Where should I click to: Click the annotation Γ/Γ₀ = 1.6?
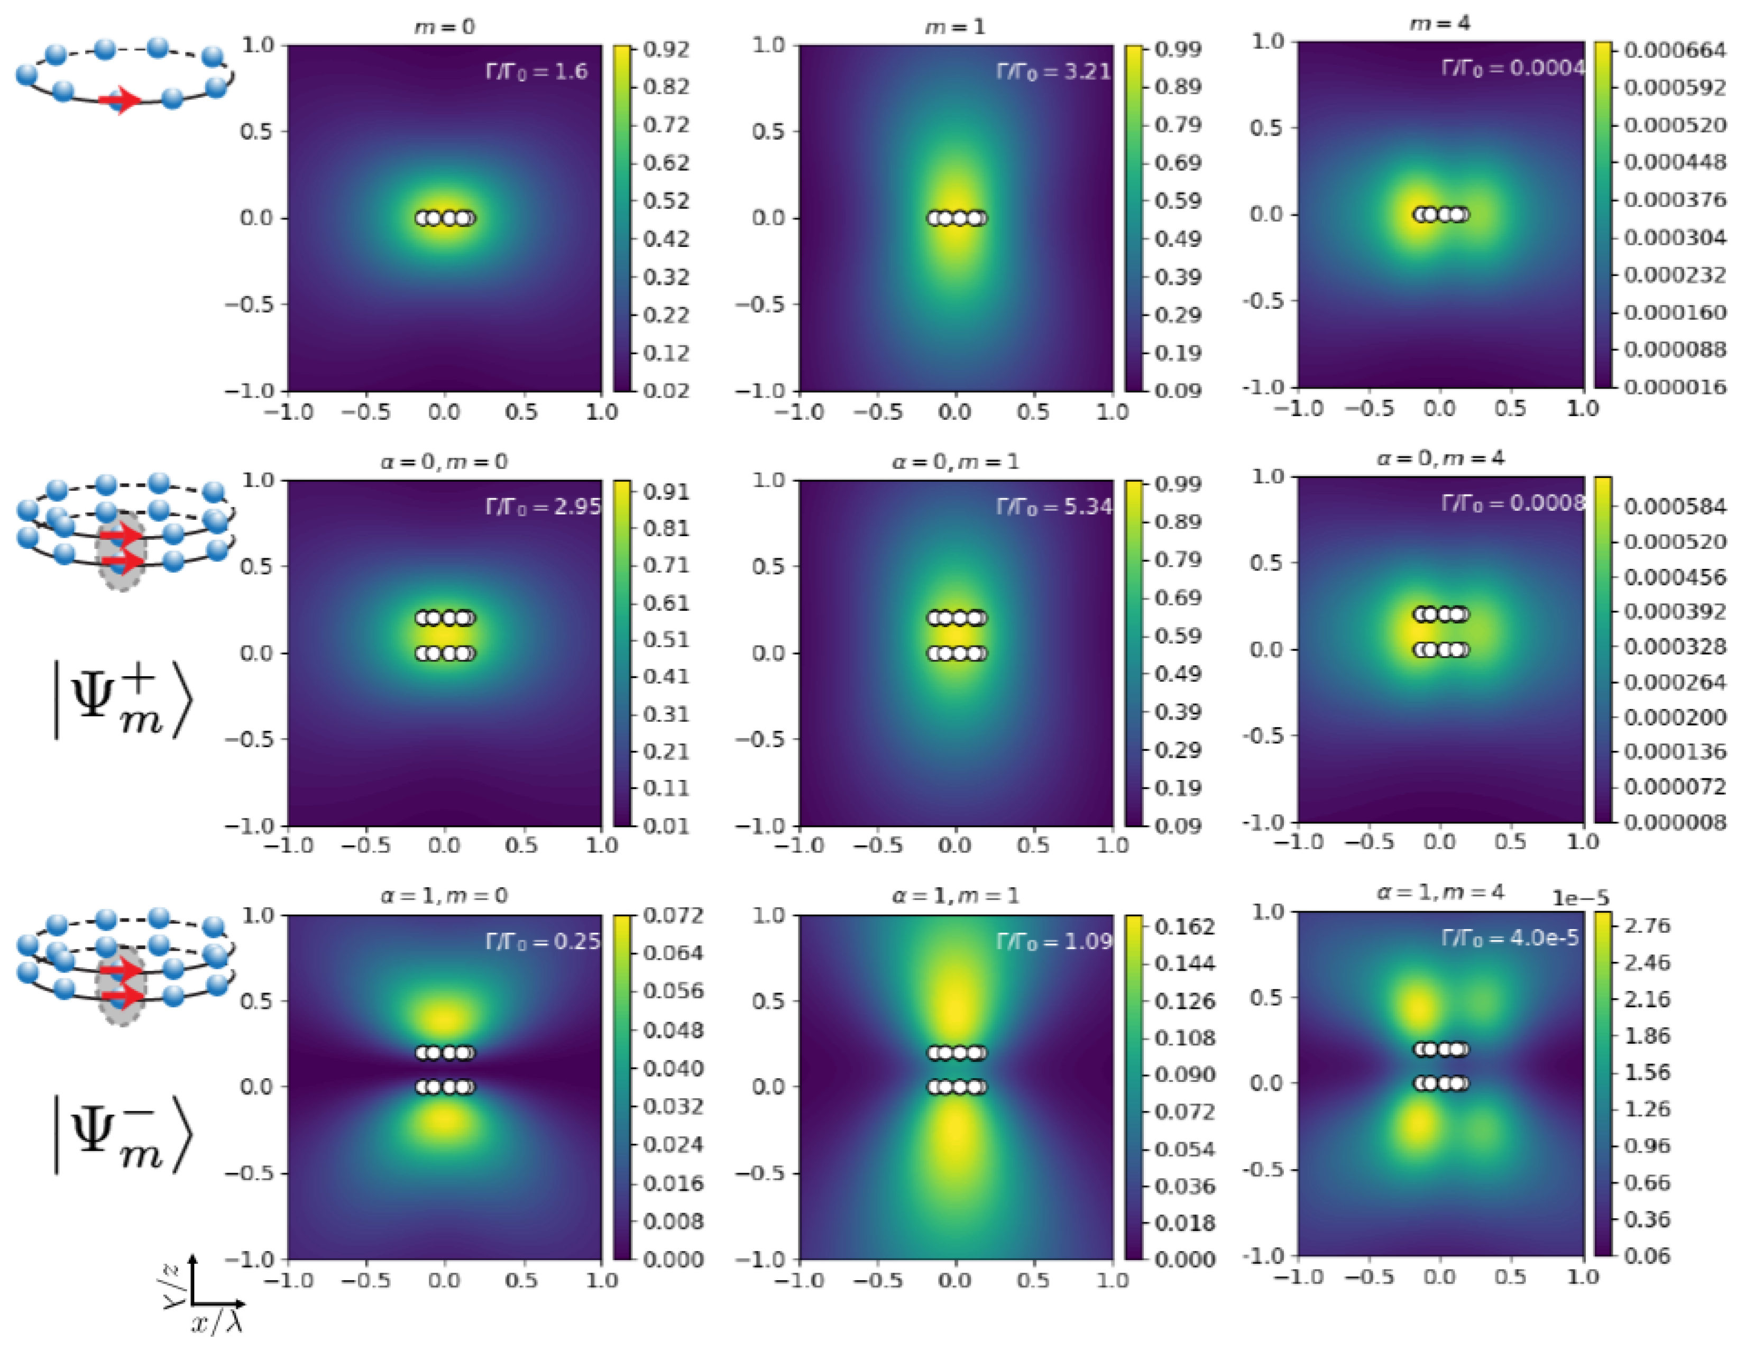[536, 72]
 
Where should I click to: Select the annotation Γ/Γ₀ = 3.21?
[1053, 72]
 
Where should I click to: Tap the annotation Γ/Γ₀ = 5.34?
[1053, 507]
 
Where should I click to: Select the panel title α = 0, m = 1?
[955, 462]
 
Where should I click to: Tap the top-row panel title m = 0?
[444, 27]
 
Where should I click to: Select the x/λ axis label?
[216, 1323]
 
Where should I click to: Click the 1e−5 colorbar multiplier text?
[1579, 898]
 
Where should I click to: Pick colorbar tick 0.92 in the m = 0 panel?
[666, 50]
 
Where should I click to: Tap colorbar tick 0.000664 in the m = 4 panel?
[1675, 50]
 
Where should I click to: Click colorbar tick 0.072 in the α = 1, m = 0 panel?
[673, 916]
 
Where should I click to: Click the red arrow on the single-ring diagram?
[120, 100]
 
